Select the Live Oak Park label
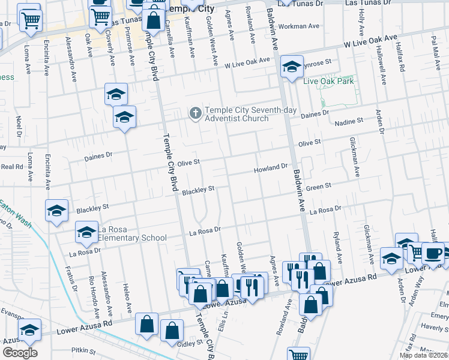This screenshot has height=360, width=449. click(x=328, y=81)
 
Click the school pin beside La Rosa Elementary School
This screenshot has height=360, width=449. click(x=86, y=232)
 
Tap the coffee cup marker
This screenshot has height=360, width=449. click(x=433, y=253)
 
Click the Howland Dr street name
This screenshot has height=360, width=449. click(x=271, y=168)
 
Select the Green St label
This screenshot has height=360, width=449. click(x=319, y=187)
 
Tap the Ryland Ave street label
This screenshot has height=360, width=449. click(x=338, y=247)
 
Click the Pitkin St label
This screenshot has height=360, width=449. click(x=84, y=350)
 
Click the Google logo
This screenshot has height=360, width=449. click(x=19, y=353)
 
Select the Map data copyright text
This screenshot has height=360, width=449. click(x=423, y=355)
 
